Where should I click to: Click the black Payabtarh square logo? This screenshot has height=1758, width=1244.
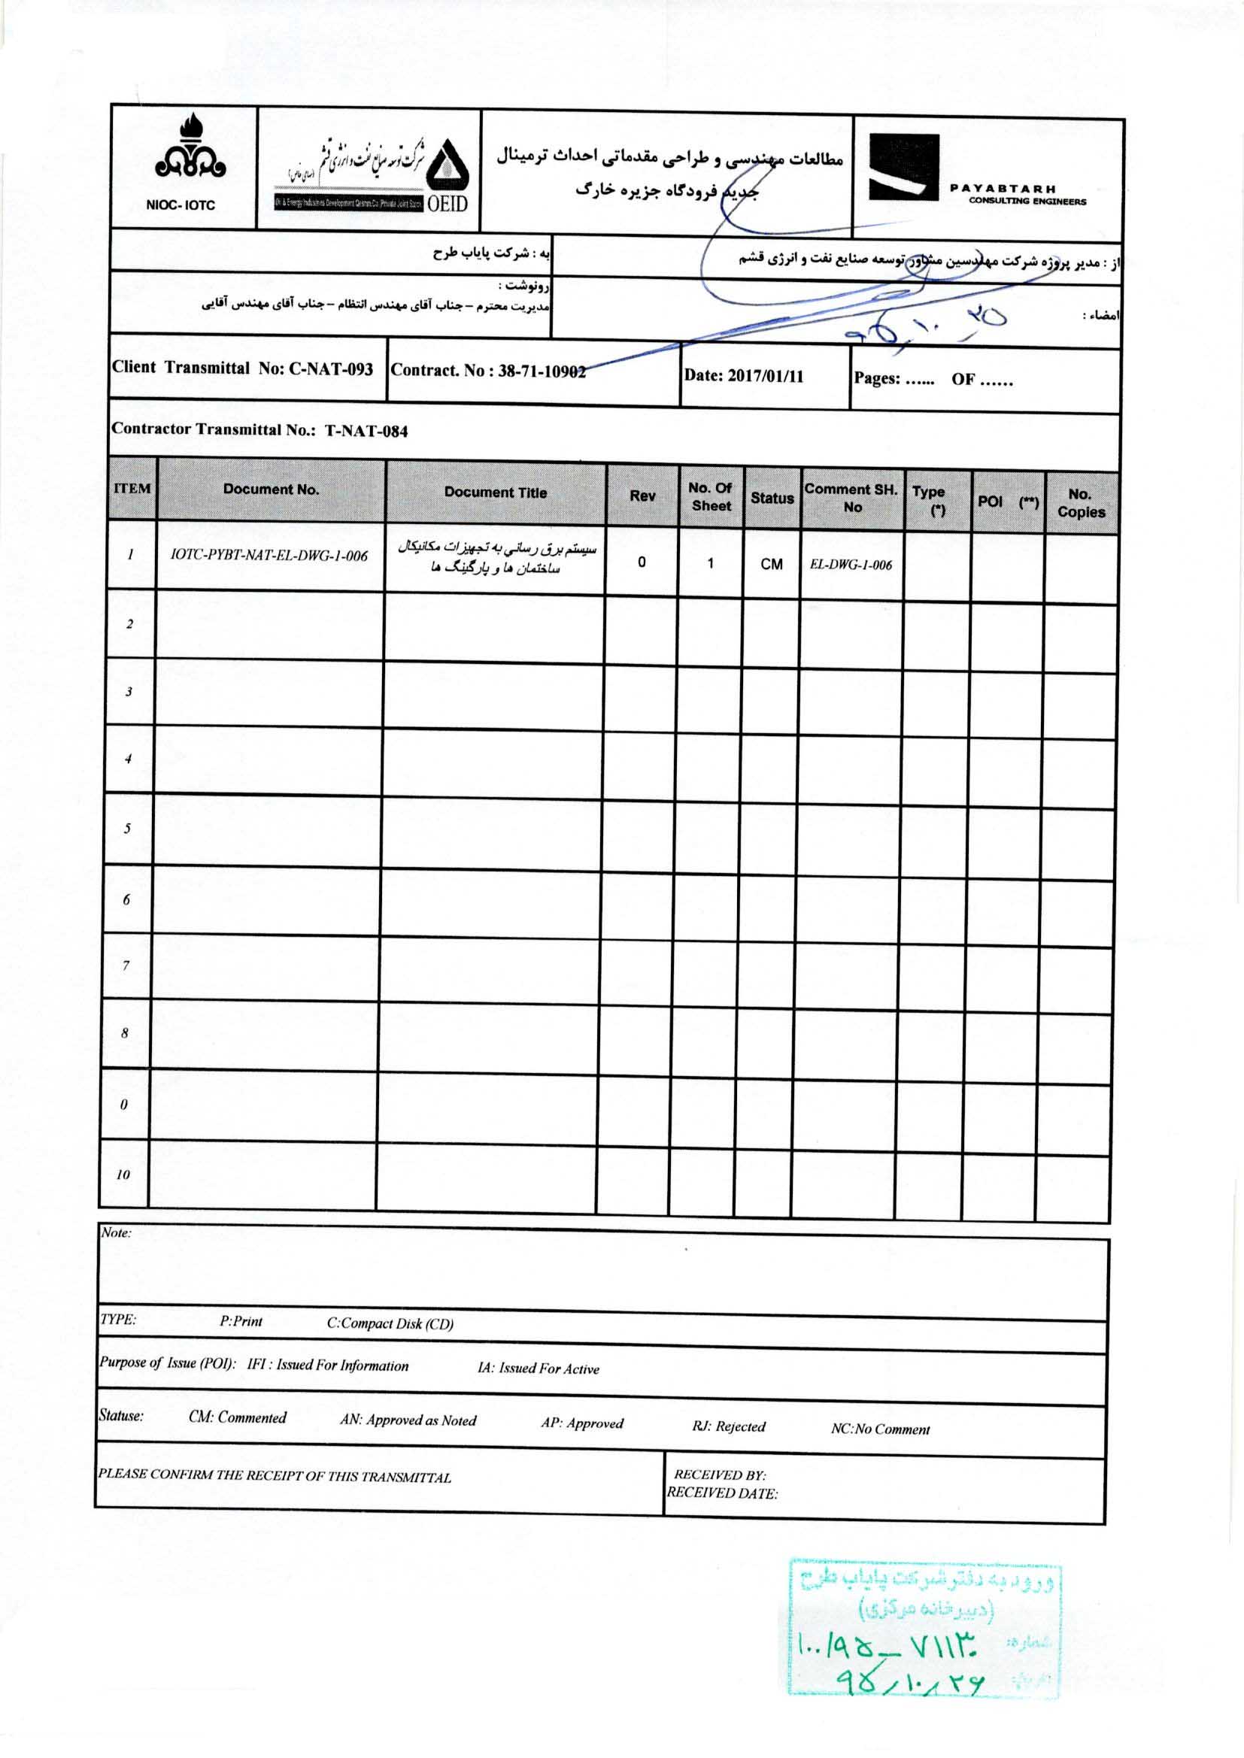coord(903,168)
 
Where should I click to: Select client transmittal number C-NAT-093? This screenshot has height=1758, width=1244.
coord(330,369)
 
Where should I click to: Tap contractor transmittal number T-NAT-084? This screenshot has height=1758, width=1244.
coord(366,430)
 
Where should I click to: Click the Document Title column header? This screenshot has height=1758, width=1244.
coord(495,493)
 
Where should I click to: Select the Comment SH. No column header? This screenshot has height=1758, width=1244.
coord(851,498)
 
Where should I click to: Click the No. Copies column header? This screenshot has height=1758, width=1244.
coord(1080,503)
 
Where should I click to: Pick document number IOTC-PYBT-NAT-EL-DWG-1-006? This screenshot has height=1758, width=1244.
coord(269,556)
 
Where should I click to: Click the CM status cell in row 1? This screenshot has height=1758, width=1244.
coord(772,564)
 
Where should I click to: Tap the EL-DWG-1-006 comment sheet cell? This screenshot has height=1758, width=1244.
coord(851,565)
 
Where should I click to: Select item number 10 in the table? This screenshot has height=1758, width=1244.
coord(123,1175)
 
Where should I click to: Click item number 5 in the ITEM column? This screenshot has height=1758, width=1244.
coord(127,829)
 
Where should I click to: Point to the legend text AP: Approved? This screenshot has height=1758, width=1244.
coord(582,1423)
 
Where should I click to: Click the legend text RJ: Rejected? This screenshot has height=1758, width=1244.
coord(729,1426)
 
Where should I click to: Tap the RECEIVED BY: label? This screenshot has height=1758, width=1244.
coord(719,1475)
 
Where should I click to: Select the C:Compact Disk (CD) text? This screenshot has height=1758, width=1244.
coord(390,1324)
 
